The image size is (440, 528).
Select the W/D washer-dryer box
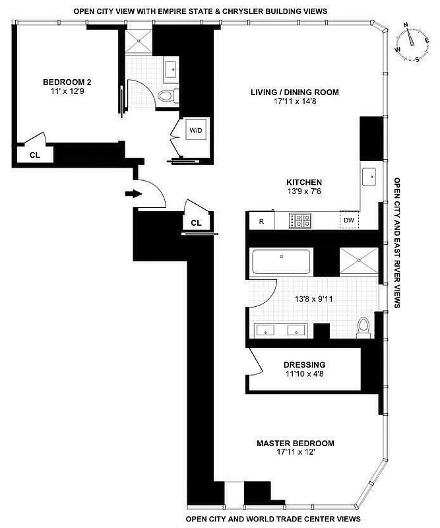[x=197, y=130]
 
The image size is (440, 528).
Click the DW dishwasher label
[x=348, y=220]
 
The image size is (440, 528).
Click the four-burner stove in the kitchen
[x=300, y=220]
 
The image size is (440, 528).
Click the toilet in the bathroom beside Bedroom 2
[x=168, y=96]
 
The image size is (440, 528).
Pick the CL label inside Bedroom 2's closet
[x=35, y=154]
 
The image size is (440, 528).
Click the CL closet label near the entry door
[x=196, y=223]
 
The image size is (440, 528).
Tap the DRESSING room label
[x=304, y=364]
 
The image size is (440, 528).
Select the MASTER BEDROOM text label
[x=295, y=444]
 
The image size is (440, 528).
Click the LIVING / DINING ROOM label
[x=294, y=92]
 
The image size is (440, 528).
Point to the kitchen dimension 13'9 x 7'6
[x=303, y=193]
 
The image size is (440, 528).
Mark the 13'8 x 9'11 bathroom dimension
[x=313, y=298]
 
